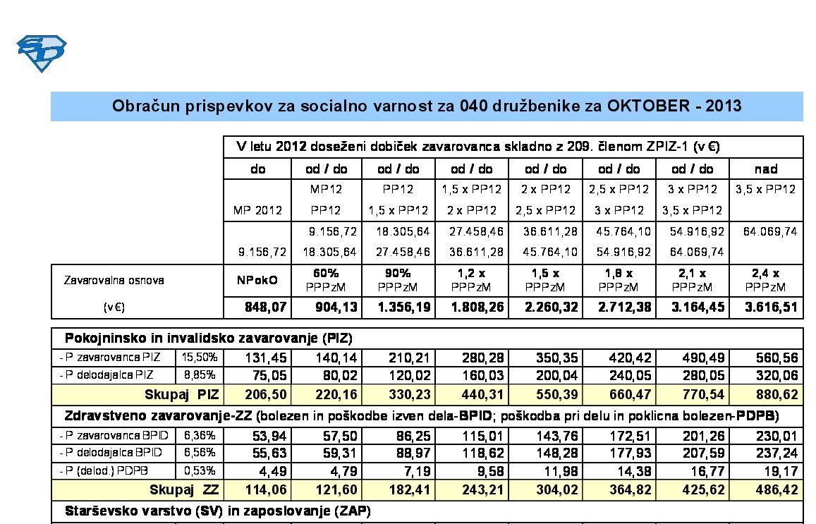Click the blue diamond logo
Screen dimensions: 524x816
(42, 54)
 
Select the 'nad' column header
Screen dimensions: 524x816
(765, 169)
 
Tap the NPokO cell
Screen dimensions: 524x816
(257, 280)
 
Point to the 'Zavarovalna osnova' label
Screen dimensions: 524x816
(114, 280)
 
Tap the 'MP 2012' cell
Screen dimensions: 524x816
(257, 210)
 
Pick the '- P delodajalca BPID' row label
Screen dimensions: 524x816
(110, 452)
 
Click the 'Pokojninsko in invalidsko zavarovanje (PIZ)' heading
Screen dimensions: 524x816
(208, 338)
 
